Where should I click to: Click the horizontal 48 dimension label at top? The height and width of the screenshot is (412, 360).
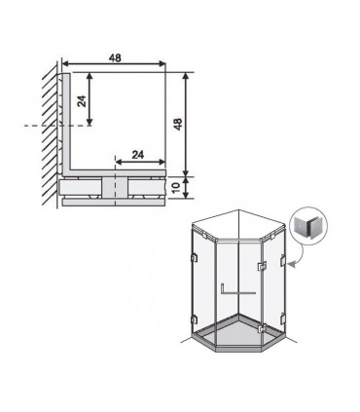pos(115,57)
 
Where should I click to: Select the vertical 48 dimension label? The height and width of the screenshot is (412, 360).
pos(178,124)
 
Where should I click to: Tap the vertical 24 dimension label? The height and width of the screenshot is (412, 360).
pos(82,101)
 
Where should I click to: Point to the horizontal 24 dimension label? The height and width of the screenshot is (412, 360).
pos(138,155)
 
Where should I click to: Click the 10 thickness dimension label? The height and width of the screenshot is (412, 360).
pos(175,187)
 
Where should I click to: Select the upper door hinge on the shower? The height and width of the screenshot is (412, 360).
pos(262,266)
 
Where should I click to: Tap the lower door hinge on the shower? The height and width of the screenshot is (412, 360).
pos(262,328)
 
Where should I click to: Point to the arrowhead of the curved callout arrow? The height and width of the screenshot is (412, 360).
pos(292,265)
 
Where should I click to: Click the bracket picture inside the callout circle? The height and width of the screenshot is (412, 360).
pos(306,227)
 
